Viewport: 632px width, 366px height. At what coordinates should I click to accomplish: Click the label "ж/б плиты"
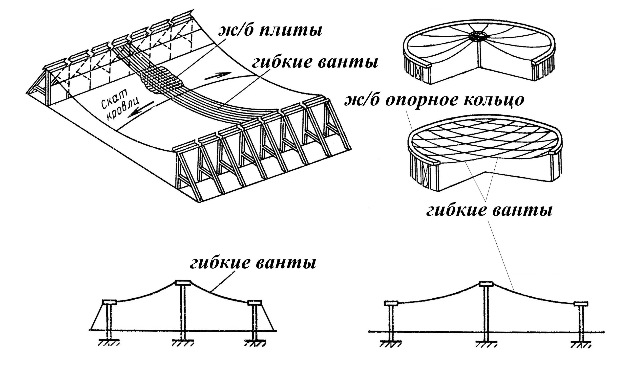[270, 31]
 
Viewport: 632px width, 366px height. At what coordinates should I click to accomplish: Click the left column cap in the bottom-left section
[110, 302]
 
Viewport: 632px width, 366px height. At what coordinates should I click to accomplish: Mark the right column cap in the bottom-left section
[254, 302]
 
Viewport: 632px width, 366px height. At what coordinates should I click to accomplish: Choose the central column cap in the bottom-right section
[486, 284]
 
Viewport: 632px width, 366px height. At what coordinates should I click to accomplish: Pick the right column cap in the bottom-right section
[581, 304]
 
